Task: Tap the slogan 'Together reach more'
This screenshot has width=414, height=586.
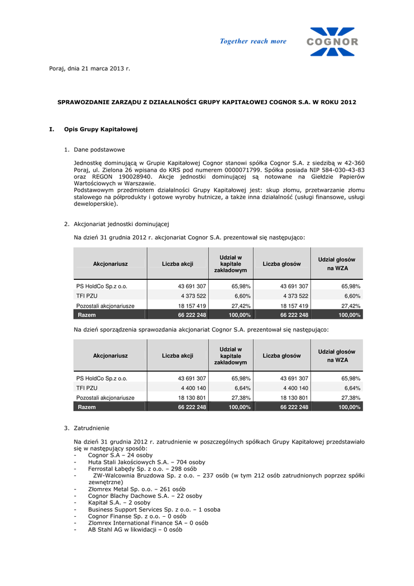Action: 253,41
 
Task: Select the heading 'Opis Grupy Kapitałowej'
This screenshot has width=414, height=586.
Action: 101,129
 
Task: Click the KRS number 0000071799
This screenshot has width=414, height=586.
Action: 241,170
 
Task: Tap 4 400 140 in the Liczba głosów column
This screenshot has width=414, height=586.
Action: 296,387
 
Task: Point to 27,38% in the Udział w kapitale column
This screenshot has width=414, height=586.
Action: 241,397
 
